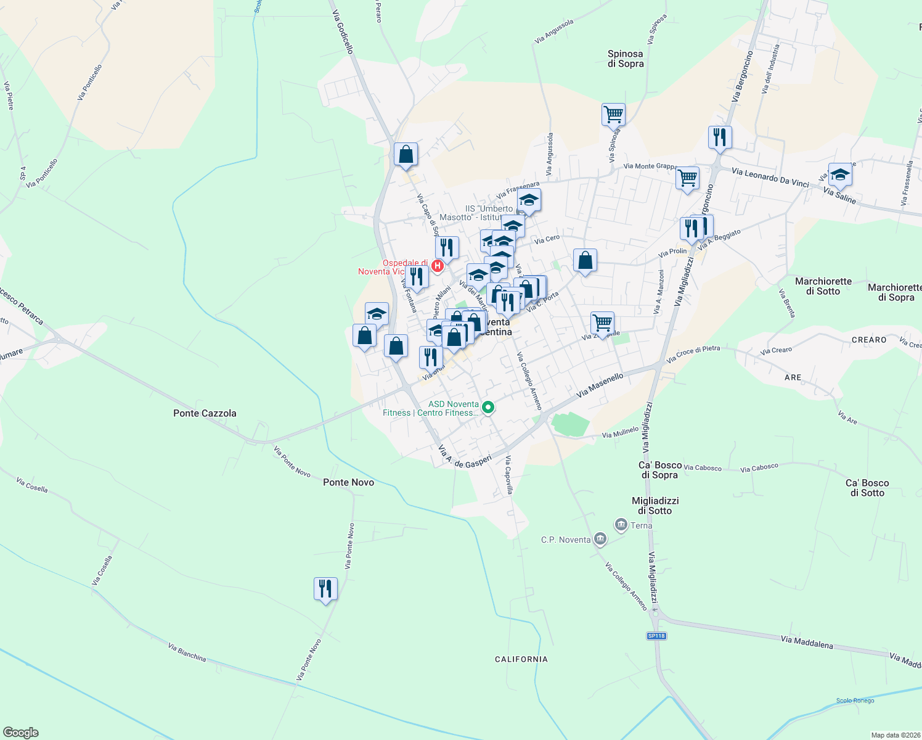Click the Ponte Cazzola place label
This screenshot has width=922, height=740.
coord(205,413)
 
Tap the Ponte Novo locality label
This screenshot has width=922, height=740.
coord(348,482)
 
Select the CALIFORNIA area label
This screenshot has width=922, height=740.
coord(521,659)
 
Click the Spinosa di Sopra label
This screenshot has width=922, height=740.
coord(625,59)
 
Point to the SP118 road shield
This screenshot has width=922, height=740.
coord(656,636)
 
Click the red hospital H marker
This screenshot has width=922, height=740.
coord(437,266)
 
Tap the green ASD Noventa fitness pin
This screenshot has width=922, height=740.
coord(488,407)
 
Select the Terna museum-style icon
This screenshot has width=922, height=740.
coord(621,525)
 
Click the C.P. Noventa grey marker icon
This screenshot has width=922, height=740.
coord(600,540)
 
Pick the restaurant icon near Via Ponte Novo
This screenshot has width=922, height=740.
coord(325,589)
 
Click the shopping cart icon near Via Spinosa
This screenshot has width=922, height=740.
coord(613,114)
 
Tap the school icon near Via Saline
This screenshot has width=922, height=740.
coord(839,175)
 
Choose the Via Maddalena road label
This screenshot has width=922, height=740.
coord(806,642)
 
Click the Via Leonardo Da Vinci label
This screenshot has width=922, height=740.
coord(770,178)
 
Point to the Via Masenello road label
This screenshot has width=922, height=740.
coord(600,385)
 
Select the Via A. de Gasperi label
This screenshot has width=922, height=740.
coord(465,456)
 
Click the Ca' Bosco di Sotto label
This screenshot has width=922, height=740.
coord(867,488)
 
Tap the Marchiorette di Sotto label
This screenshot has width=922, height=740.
coord(823,286)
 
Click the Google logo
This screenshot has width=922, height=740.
coord(21,733)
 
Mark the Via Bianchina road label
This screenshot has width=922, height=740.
coord(187,652)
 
